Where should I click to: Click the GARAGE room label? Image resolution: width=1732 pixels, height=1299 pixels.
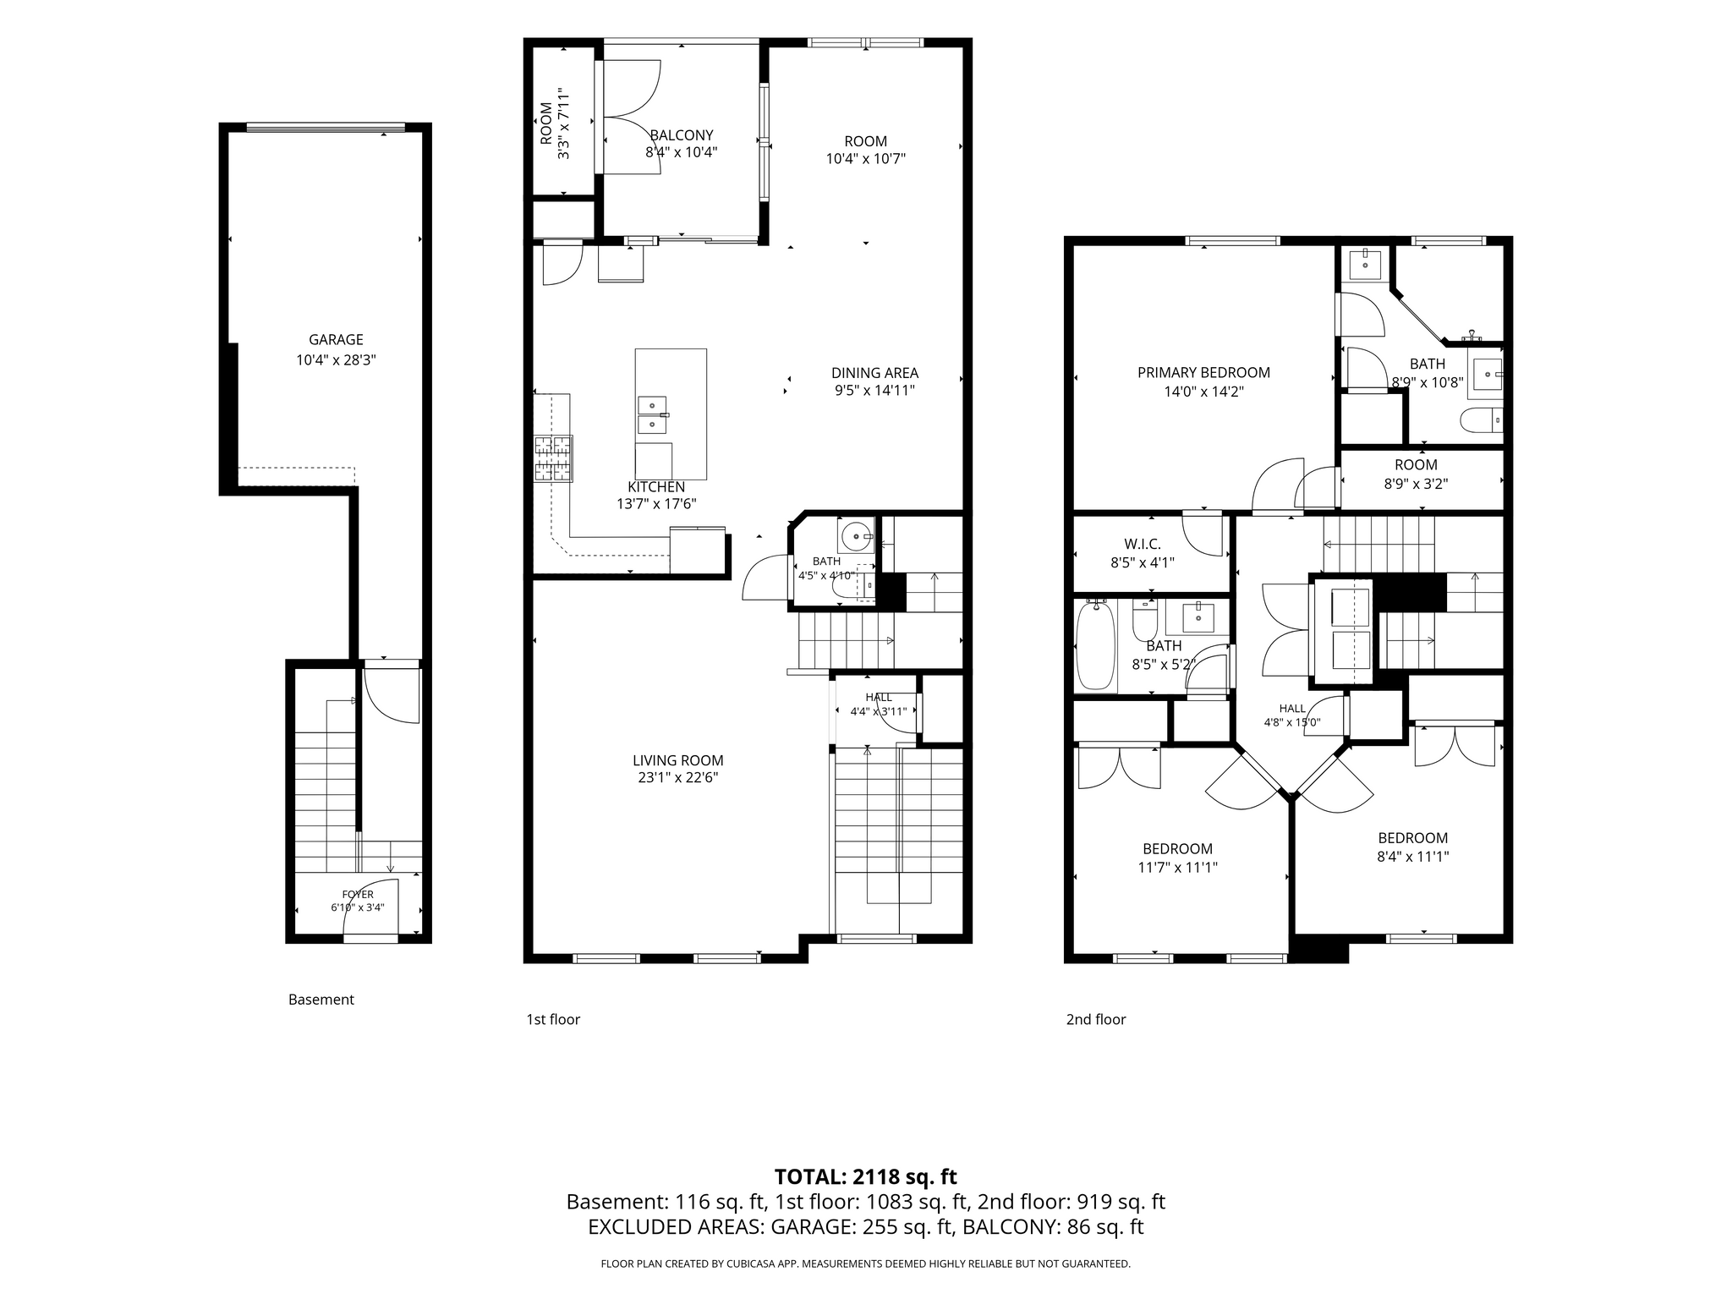[336, 340]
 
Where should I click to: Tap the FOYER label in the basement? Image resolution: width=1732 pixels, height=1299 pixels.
[358, 894]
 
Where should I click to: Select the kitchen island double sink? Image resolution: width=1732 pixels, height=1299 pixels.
[651, 414]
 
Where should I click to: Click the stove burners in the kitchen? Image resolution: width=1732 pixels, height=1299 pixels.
[553, 458]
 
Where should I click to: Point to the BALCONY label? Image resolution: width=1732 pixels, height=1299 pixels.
[682, 135]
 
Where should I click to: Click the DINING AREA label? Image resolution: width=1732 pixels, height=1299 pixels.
[874, 373]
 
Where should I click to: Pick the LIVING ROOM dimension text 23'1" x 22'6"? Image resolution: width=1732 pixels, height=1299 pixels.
[678, 778]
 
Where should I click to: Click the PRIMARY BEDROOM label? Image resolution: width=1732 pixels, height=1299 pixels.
[1203, 373]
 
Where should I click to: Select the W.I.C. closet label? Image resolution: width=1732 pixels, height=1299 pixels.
[1142, 544]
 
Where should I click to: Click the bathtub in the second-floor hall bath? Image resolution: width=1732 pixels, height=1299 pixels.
[1094, 645]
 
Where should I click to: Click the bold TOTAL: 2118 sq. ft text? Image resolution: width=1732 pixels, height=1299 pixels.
[865, 1176]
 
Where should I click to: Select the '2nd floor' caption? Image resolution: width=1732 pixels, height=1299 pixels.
[1096, 1019]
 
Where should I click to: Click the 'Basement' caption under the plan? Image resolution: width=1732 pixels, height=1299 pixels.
[321, 999]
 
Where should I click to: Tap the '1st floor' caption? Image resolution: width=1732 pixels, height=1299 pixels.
[553, 1019]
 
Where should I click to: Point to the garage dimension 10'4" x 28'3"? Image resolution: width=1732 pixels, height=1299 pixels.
[336, 360]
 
